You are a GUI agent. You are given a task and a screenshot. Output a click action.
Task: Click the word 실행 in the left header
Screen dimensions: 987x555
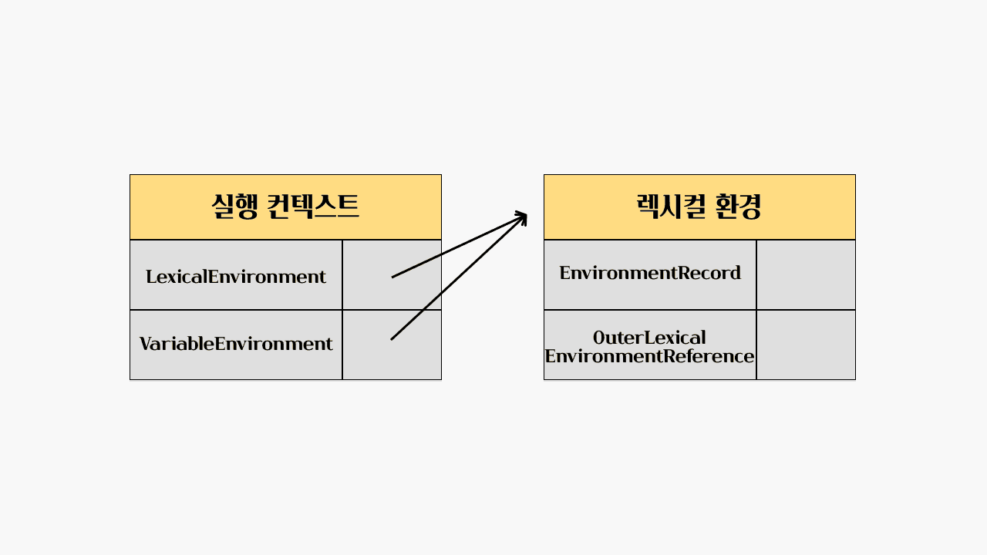[x=234, y=207]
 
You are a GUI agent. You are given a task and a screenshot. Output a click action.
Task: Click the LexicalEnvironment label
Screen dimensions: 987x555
[x=236, y=276]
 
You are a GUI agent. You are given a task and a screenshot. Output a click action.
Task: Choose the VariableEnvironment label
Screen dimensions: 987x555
[x=236, y=344]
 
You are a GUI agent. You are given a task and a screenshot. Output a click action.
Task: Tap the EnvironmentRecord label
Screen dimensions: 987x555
[x=650, y=273]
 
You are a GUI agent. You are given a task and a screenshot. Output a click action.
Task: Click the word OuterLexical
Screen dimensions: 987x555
[x=649, y=338]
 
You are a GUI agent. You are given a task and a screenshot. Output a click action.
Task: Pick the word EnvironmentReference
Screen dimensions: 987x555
[x=649, y=356]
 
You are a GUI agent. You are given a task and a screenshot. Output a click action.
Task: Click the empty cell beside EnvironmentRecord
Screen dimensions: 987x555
[x=806, y=274]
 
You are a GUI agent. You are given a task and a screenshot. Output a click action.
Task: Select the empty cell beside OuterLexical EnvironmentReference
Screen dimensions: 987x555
[x=806, y=345]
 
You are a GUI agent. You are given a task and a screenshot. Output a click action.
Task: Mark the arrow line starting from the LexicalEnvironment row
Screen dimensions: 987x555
[x=455, y=247]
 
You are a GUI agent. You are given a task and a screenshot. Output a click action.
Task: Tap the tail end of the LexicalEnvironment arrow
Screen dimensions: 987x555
[x=393, y=276]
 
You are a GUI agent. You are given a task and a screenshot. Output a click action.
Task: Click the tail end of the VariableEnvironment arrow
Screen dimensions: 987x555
[x=392, y=338]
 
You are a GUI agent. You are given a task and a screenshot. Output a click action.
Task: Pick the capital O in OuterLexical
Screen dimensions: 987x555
[x=599, y=338]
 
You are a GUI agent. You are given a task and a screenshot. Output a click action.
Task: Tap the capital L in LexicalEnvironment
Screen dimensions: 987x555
[x=150, y=276]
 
